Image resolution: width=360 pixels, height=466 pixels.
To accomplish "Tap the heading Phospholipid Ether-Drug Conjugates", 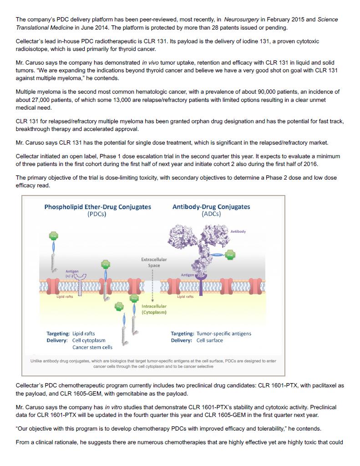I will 98,207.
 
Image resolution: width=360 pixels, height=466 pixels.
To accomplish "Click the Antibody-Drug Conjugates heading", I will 211,207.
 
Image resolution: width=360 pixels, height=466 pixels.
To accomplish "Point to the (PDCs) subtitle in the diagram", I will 96,214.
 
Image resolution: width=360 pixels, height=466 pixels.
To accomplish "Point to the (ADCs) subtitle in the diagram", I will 211,214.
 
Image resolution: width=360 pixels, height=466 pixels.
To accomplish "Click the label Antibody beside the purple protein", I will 238,231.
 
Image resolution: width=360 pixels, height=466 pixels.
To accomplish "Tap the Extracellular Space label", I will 154,262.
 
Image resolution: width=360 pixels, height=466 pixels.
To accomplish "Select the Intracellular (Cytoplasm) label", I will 154,309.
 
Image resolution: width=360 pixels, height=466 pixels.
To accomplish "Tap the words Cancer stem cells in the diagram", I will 92,347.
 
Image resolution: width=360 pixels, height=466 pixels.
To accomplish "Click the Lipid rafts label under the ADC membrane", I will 185,296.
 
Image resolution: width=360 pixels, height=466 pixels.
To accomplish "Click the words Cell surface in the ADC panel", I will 210,340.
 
